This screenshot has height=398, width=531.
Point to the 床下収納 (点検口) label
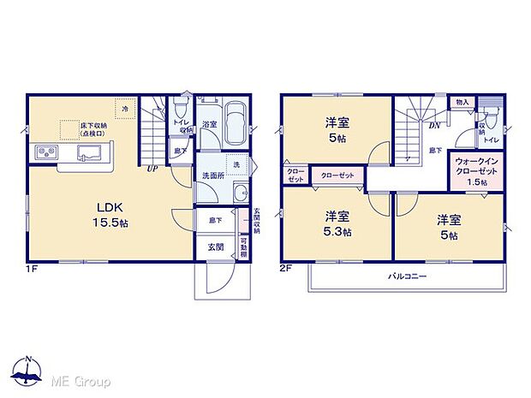(92, 129)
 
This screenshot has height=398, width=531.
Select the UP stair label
(152, 169)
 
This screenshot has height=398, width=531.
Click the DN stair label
(435, 126)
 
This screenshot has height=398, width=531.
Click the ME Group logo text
(81, 380)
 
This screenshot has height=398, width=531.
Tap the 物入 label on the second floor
(462, 102)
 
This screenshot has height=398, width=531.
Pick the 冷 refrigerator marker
(124, 109)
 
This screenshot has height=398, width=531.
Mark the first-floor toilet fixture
(180, 111)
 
